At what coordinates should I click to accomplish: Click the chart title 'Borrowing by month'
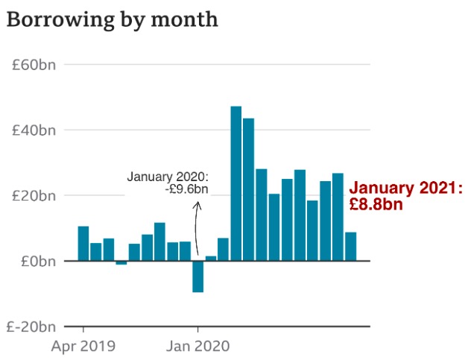(x=113, y=20)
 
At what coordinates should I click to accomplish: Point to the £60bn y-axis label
(x=34, y=65)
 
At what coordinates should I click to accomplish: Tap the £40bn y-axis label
(x=34, y=130)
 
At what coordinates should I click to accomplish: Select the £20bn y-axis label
(x=34, y=196)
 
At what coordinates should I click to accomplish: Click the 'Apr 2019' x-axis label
(x=83, y=346)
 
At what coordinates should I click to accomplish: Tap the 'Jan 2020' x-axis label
(x=197, y=346)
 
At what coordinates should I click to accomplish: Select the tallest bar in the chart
(x=235, y=183)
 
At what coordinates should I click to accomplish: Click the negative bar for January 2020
(x=197, y=277)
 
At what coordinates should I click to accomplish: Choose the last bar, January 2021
(x=350, y=247)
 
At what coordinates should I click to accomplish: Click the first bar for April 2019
(x=83, y=244)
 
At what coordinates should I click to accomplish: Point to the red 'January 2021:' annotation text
(x=406, y=189)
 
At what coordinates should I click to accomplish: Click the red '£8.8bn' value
(x=376, y=203)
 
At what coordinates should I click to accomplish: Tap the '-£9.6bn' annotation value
(x=186, y=190)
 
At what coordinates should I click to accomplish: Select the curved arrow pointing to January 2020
(x=197, y=224)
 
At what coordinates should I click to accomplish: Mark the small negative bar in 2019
(x=121, y=263)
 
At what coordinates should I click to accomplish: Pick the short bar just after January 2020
(x=210, y=259)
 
